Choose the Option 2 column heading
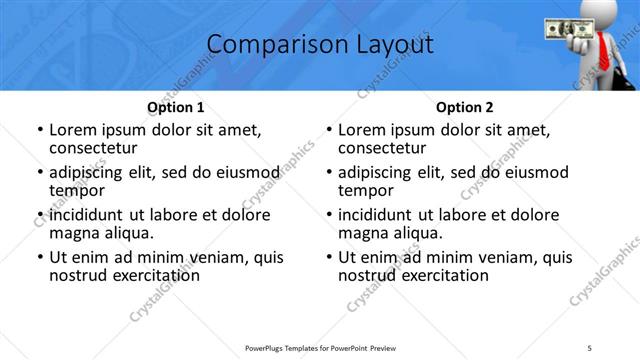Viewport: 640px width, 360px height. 464,107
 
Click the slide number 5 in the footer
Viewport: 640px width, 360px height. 590,347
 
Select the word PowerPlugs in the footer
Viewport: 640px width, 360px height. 270,347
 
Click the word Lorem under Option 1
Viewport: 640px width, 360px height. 72,129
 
